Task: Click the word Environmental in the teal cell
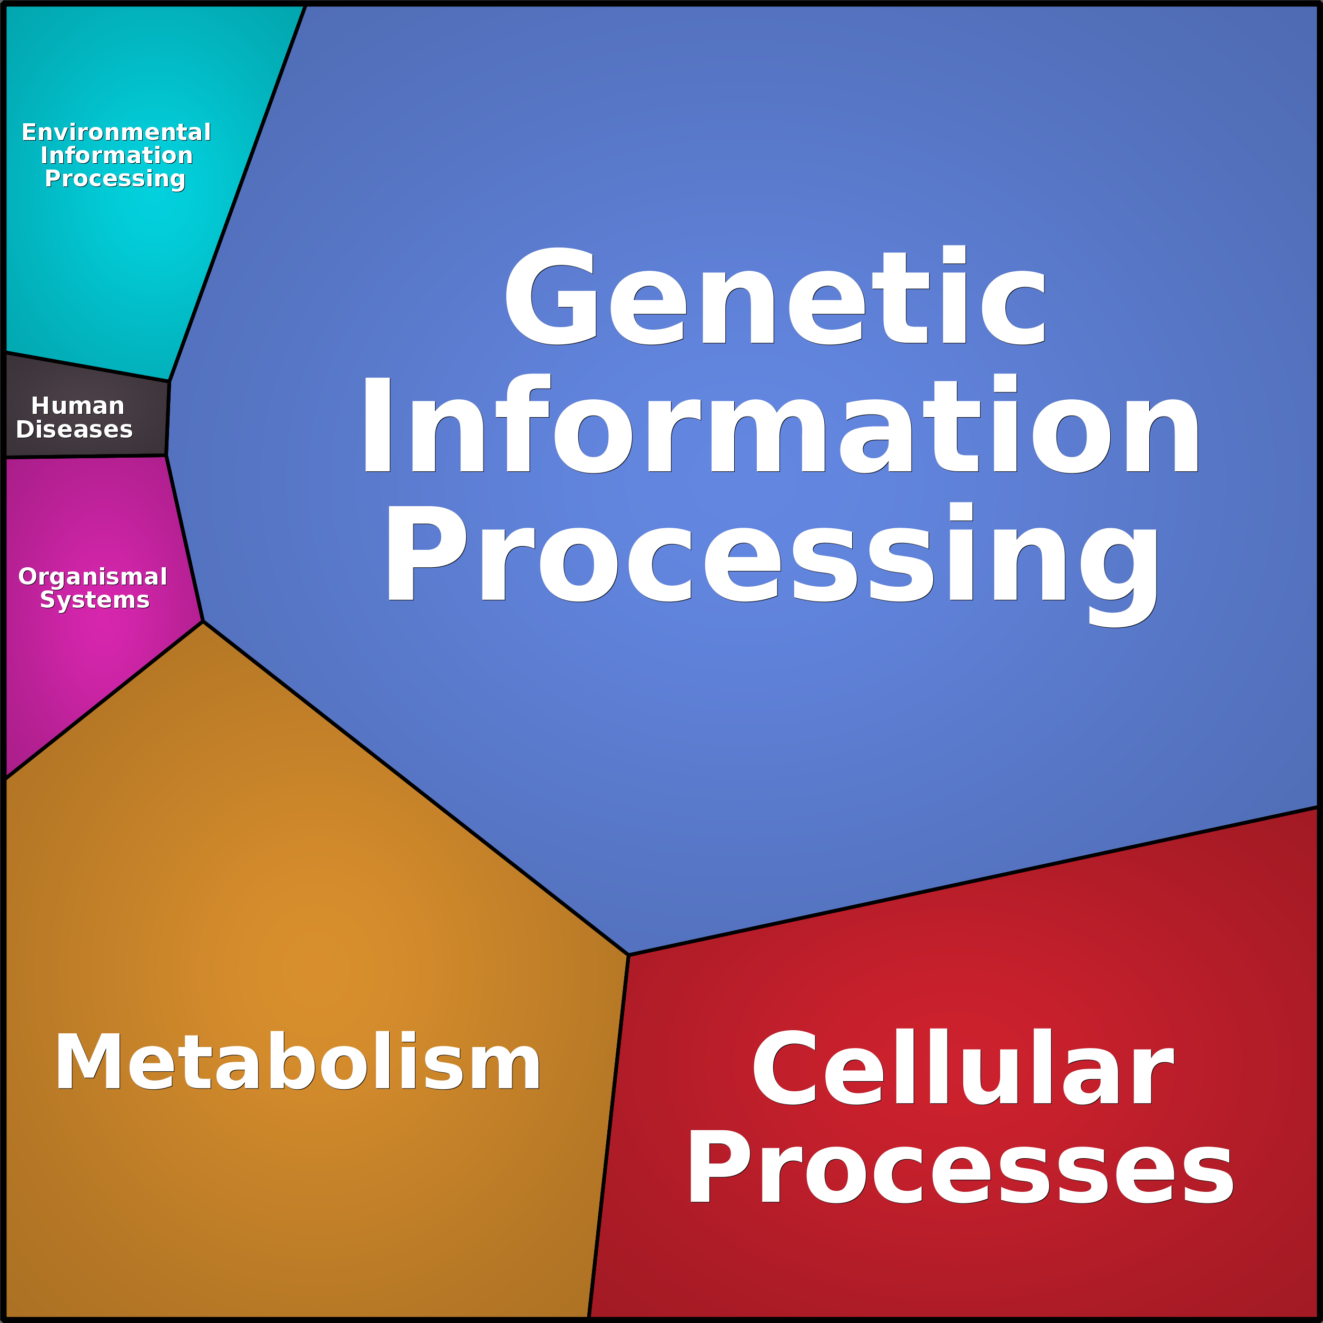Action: [x=116, y=132]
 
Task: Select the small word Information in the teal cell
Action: [x=116, y=155]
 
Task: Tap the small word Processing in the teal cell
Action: [x=115, y=179]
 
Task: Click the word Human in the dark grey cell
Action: [x=77, y=406]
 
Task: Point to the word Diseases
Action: [x=74, y=429]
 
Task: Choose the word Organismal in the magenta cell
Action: [x=93, y=577]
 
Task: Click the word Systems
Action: [x=94, y=600]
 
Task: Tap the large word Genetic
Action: [x=775, y=296]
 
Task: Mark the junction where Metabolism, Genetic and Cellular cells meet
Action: [x=629, y=954]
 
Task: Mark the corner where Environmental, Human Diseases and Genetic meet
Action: [x=169, y=381]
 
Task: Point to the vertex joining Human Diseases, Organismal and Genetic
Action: [x=166, y=456]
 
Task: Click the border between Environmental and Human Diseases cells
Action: [x=87, y=367]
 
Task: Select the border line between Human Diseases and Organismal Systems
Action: [x=86, y=457]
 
